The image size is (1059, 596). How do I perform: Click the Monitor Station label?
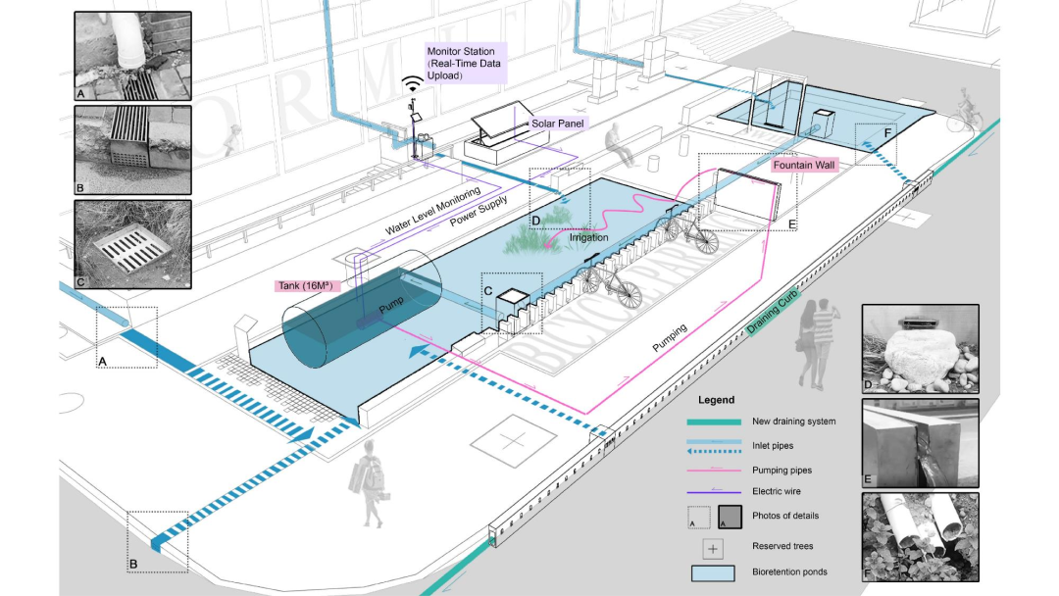pyautogui.click(x=466, y=64)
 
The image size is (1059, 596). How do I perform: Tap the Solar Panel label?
pyautogui.click(x=557, y=124)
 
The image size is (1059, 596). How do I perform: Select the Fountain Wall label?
pyautogui.click(x=804, y=165)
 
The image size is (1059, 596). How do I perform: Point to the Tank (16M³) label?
pyautogui.click(x=305, y=285)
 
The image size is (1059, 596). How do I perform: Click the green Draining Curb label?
pyautogui.click(x=772, y=311)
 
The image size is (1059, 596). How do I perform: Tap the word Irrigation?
pyautogui.click(x=588, y=237)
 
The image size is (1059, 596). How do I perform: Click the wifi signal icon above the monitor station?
pyautogui.click(x=412, y=83)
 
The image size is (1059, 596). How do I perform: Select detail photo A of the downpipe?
pyautogui.click(x=132, y=56)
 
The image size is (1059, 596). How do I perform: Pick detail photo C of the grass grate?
pyautogui.click(x=132, y=244)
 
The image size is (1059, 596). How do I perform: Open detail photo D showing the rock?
pyautogui.click(x=920, y=349)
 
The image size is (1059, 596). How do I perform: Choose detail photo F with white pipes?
pyautogui.click(x=920, y=537)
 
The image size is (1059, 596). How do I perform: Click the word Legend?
pyautogui.click(x=716, y=400)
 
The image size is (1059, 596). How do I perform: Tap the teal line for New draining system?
pyautogui.click(x=714, y=422)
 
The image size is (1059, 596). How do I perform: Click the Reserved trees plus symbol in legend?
pyautogui.click(x=713, y=549)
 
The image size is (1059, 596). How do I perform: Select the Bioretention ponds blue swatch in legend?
pyautogui.click(x=713, y=573)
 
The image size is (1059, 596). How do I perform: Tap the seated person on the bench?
pyautogui.click(x=620, y=145)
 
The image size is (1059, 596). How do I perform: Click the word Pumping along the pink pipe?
pyautogui.click(x=670, y=337)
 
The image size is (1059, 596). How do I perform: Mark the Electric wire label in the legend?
pyautogui.click(x=776, y=491)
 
